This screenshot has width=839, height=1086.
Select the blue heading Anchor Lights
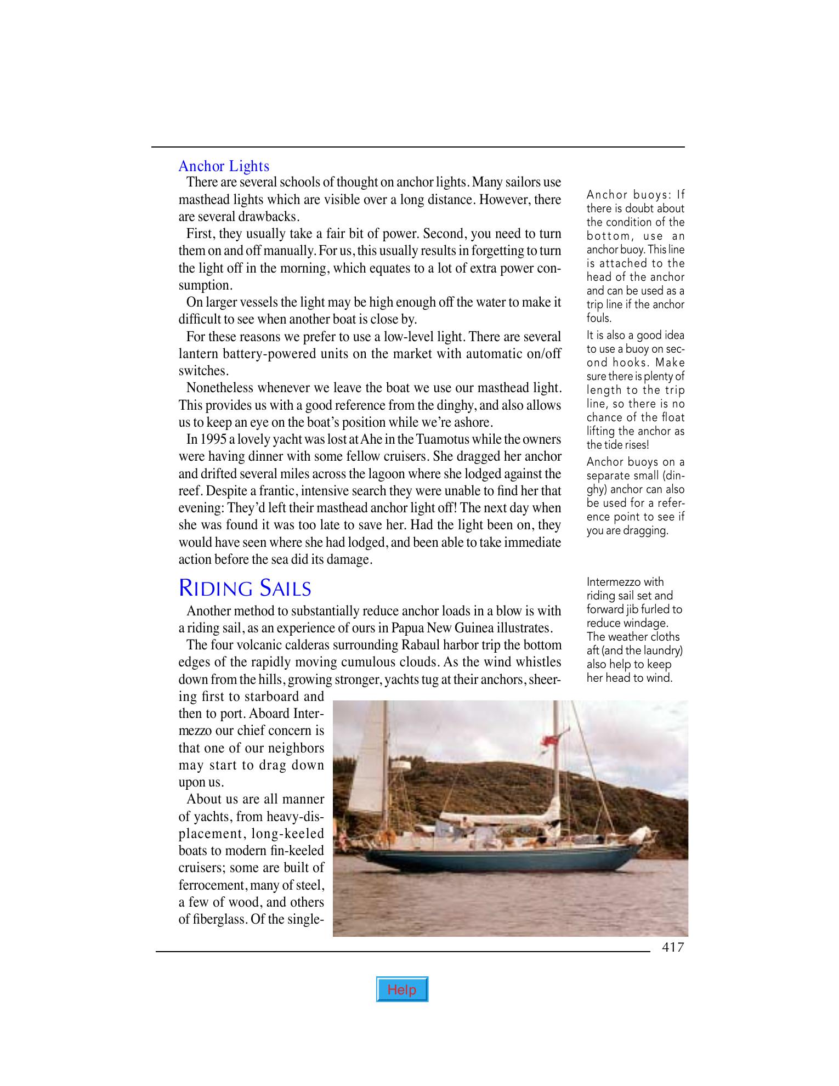[x=224, y=166]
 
